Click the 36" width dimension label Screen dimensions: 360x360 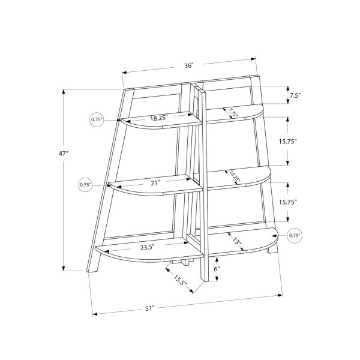click(190, 65)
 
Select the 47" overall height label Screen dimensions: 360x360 click(64, 154)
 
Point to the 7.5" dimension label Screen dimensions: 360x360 click(295, 95)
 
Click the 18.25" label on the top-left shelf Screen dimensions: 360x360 click(159, 118)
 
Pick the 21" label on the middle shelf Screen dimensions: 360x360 click(157, 183)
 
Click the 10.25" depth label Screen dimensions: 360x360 click(234, 176)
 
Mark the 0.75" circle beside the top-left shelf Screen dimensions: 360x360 click(97, 119)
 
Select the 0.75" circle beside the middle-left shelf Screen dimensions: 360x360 click(86, 185)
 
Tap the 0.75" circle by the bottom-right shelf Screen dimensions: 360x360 click(295, 236)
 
